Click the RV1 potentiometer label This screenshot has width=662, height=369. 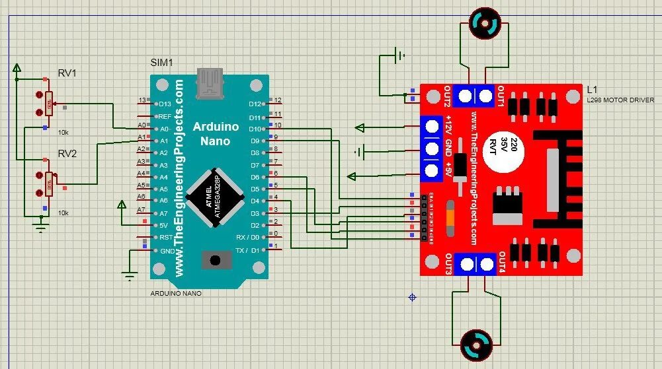pyautogui.click(x=67, y=73)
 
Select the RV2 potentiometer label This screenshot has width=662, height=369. pyautogui.click(x=67, y=153)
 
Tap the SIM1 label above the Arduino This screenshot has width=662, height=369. pyautogui.click(x=162, y=63)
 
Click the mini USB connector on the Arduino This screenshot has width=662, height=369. pyautogui.click(x=212, y=82)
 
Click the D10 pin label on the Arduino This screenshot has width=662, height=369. pyautogui.click(x=255, y=128)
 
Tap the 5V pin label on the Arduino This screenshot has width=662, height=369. pyautogui.click(x=163, y=225)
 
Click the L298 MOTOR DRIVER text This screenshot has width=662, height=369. pyautogui.click(x=620, y=100)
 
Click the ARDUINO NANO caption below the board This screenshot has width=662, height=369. pyautogui.click(x=176, y=292)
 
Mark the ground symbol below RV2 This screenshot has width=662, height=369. pyautogui.click(x=41, y=228)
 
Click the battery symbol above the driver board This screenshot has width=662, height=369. pyautogui.click(x=399, y=57)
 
